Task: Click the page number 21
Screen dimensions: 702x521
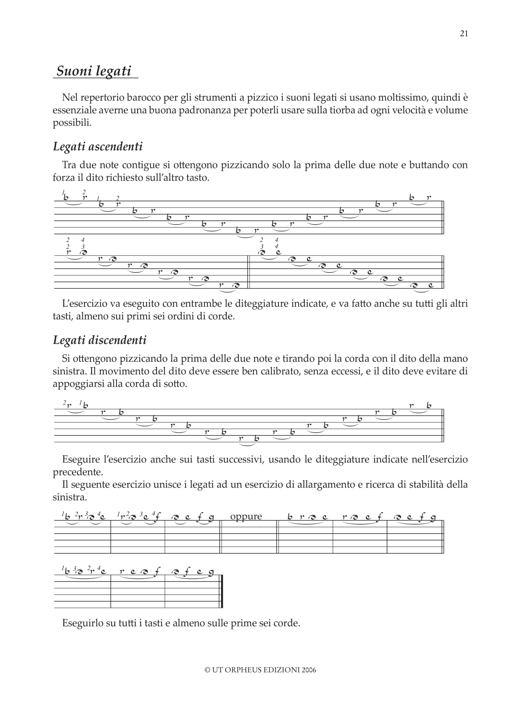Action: (x=464, y=34)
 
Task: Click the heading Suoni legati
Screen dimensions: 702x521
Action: (x=94, y=71)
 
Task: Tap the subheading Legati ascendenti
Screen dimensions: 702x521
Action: (x=98, y=147)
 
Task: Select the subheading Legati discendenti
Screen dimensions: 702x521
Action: (x=100, y=340)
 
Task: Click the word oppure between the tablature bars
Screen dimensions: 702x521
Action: (x=246, y=516)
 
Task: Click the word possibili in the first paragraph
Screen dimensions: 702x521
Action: (x=72, y=123)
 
